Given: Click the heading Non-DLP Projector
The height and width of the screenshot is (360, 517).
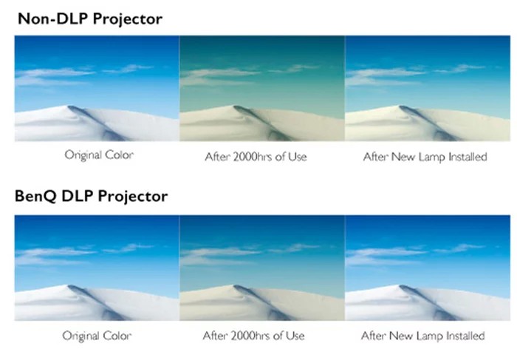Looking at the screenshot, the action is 90,18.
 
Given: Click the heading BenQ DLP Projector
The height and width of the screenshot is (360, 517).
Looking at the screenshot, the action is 92,197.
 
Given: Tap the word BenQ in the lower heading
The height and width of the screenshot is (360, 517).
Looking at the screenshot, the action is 35,197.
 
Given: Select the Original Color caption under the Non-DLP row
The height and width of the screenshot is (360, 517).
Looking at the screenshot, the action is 99,154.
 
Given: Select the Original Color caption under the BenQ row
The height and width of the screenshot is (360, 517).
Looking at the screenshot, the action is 97,336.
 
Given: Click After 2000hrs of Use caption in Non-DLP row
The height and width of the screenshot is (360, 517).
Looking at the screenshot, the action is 256,157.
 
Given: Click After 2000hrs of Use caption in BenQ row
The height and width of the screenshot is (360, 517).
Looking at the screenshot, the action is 253,336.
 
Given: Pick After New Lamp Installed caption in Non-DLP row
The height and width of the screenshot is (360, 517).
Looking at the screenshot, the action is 425,157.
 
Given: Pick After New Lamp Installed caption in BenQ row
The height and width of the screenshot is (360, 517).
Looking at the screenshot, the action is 422,336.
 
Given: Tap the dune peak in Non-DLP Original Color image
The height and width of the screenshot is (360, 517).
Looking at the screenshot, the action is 69,106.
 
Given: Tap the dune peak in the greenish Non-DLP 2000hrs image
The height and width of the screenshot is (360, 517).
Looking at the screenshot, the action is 235,106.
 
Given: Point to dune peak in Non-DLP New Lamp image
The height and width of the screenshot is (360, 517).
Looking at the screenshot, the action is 400,106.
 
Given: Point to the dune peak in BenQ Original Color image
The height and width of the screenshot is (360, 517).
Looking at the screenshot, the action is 69,286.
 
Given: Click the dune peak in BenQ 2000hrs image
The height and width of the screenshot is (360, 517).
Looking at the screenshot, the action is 235,286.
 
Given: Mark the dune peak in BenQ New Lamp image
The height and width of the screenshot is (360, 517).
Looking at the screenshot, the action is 400,286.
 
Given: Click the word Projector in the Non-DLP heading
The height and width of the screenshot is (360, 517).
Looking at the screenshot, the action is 128,19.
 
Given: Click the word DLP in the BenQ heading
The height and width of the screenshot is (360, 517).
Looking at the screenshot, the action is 77,196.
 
